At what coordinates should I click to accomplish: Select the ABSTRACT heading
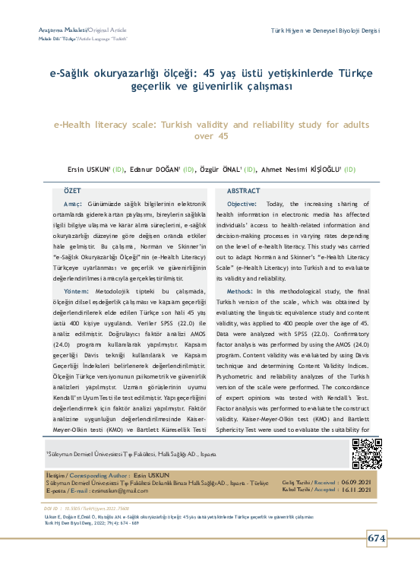[x=244, y=191]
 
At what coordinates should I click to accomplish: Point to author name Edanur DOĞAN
[x=156, y=169]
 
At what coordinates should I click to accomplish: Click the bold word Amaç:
[x=73, y=205]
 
